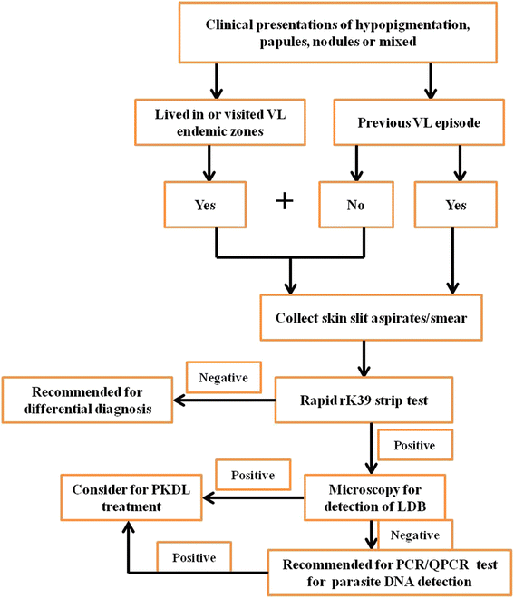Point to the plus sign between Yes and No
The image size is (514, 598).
[x=285, y=200]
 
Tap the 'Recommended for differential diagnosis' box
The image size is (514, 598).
[x=89, y=401]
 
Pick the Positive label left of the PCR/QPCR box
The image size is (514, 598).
[x=192, y=553]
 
